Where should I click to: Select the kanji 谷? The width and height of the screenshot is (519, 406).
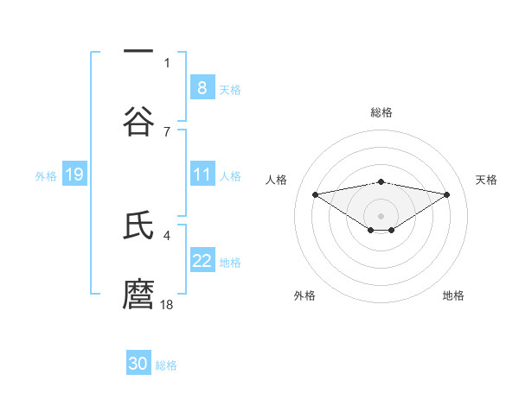138,120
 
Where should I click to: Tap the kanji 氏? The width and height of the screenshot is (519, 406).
138,226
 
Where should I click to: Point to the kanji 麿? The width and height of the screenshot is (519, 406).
138,294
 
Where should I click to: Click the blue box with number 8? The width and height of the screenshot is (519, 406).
202,87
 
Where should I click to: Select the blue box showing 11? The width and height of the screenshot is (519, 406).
202,174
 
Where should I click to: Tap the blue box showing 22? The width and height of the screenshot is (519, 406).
202,260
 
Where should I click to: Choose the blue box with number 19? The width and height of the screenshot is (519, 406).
74,174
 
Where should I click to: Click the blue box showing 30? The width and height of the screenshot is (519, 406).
138,364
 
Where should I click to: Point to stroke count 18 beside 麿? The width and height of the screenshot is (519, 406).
168,304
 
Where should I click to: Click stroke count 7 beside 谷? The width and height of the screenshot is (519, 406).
167,131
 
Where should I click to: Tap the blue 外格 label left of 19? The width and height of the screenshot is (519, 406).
46,175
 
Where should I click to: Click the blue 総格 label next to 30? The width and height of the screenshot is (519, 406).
166,365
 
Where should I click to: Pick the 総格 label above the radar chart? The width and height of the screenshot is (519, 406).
381,112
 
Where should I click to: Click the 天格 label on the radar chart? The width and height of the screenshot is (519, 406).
486,180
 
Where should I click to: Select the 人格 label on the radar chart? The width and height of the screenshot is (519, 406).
277,180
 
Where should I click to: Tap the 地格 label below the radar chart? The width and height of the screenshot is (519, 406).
453,295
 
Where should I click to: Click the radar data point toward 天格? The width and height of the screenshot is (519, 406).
447,194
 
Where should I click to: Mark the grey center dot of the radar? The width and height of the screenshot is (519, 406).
381,215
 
